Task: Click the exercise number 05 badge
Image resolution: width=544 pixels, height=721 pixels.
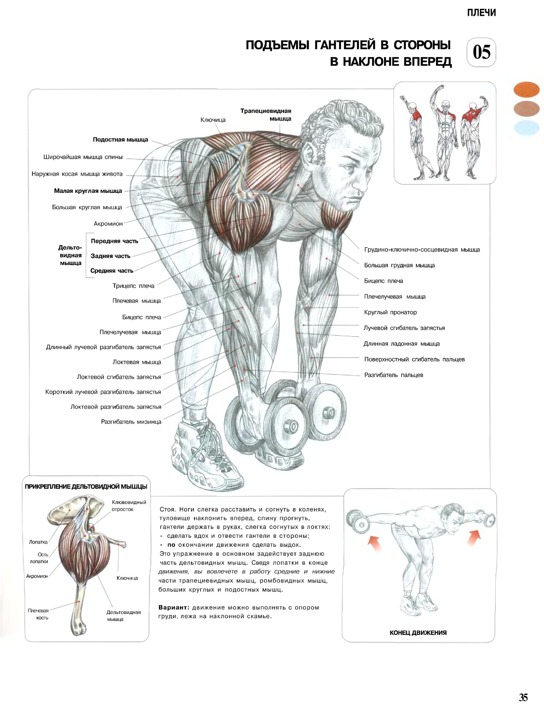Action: click(481, 52)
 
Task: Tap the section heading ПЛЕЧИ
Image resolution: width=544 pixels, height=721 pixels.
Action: click(481, 13)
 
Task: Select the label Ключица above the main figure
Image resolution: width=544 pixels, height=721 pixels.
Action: click(213, 120)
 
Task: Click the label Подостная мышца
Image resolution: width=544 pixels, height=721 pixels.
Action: click(120, 140)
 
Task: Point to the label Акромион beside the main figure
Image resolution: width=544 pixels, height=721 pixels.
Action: click(108, 224)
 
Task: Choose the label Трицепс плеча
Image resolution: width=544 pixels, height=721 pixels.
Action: click(134, 286)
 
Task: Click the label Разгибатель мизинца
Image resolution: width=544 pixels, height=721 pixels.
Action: click(131, 422)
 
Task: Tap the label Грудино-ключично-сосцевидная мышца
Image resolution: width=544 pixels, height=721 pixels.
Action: click(422, 250)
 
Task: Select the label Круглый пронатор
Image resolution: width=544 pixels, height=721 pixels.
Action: click(390, 312)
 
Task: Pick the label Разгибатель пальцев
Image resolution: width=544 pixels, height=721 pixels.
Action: click(393, 375)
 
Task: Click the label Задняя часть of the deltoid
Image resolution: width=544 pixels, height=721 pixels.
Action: click(110, 256)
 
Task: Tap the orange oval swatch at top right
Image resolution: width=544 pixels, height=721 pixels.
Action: click(526, 89)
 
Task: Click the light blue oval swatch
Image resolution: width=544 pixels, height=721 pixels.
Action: click(526, 128)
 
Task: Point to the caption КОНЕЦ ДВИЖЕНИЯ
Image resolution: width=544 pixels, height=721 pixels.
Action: click(418, 633)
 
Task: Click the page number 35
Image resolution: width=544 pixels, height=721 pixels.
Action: click(523, 697)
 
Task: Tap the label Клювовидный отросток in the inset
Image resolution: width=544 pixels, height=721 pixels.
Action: click(129, 506)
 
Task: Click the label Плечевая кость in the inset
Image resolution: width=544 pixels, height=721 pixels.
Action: click(39, 614)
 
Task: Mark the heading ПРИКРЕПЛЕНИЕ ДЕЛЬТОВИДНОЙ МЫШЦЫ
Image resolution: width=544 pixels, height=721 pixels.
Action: click(86, 487)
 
